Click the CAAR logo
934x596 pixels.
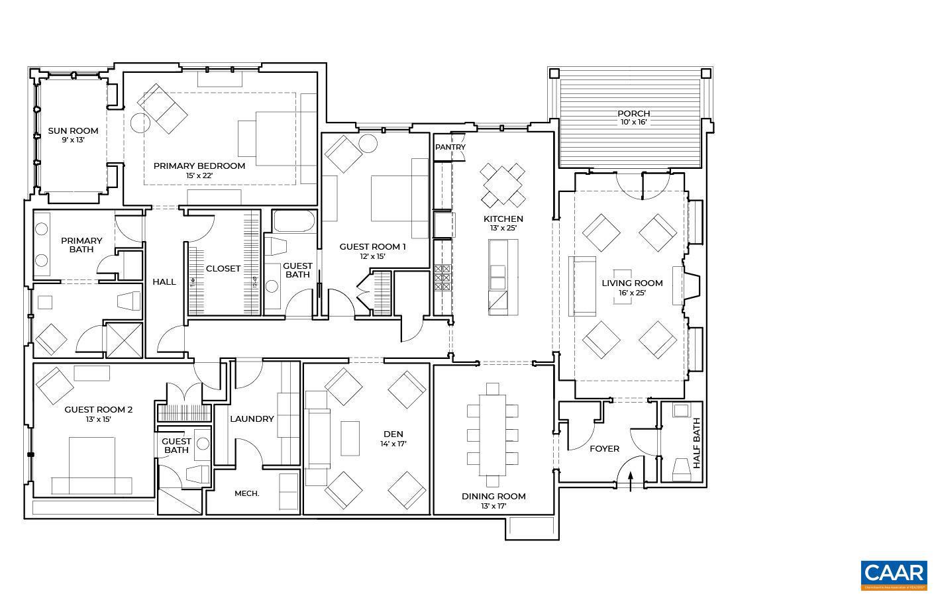pos(894,575)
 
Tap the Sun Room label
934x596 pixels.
pos(73,131)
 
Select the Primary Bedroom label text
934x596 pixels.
pos(199,166)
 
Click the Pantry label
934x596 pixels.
pos(450,147)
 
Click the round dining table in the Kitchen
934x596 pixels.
pos(503,185)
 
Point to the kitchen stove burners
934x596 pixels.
pos(442,278)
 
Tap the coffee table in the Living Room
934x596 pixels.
pos(623,286)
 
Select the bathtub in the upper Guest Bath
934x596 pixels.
pos(295,221)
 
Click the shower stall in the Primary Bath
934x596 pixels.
pos(124,339)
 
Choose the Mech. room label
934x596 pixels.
pos(246,493)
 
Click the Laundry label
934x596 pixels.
pos(252,419)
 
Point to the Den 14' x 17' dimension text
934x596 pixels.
pos(393,444)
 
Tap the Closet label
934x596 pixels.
pos(223,268)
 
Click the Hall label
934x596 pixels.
pos(164,281)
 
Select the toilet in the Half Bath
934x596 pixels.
pos(681,469)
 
